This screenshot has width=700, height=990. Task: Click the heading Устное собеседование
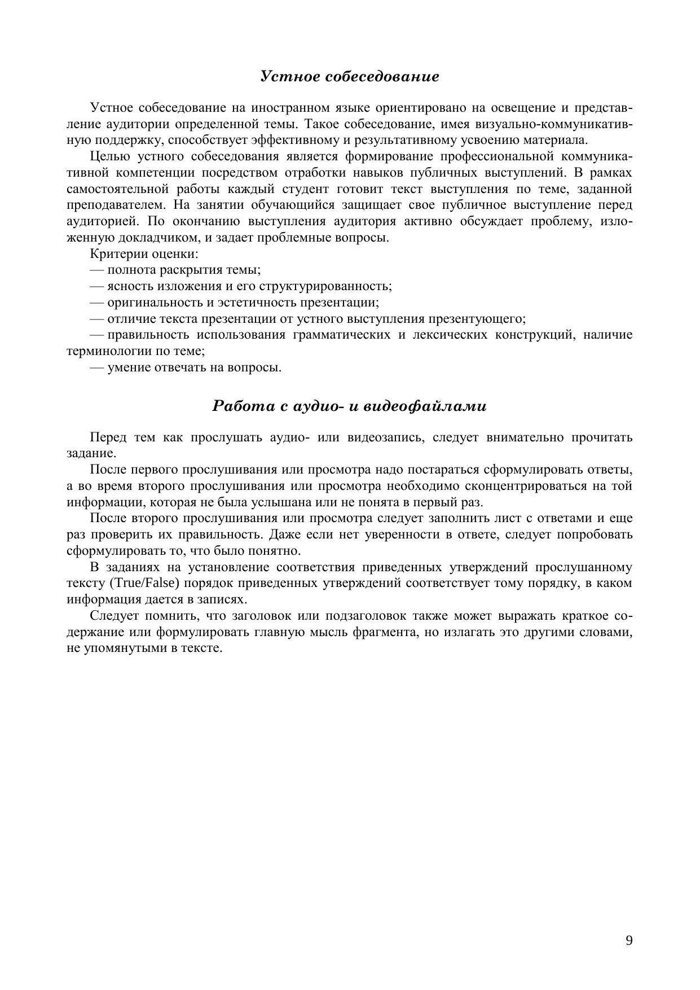click(x=350, y=77)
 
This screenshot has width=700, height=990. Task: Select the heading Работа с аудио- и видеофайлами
click(x=350, y=406)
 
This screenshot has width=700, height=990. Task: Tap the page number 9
click(x=629, y=940)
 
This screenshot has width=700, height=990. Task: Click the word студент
click(x=304, y=189)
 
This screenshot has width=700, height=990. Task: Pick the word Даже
click(x=283, y=535)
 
